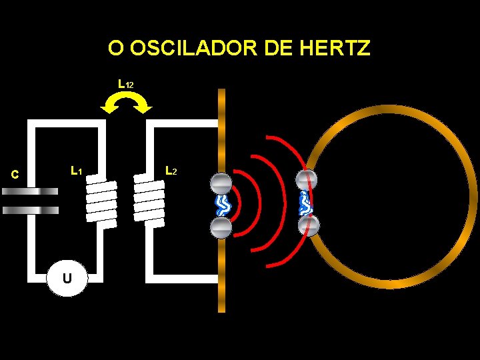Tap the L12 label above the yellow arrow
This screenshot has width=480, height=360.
tap(125, 85)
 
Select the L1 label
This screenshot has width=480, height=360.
tap(76, 171)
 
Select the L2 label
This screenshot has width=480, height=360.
tap(171, 171)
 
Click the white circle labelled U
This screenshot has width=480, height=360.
tap(67, 277)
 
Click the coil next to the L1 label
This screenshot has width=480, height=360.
tap(101, 201)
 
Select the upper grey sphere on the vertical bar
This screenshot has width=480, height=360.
tap(221, 183)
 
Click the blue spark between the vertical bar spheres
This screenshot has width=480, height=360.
tap(221, 205)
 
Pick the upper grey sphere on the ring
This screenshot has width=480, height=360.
tap(307, 181)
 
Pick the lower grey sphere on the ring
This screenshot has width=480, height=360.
tap(307, 226)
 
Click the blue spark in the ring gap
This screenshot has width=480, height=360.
tap(307, 203)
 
